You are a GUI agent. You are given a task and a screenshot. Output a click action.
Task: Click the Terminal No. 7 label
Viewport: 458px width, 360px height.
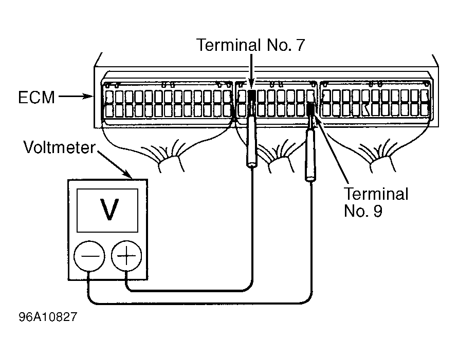tap(251, 45)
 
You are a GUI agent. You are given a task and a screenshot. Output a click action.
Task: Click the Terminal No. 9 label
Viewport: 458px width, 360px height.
tap(376, 202)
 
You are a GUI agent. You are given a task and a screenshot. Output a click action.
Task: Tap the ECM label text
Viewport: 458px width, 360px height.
tap(36, 97)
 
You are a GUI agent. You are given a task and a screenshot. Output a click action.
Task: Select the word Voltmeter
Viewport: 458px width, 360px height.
tap(59, 147)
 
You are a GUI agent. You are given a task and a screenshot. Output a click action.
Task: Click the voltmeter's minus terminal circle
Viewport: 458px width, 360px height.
tap(89, 256)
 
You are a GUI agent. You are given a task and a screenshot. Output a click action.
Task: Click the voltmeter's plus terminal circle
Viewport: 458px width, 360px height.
tap(126, 256)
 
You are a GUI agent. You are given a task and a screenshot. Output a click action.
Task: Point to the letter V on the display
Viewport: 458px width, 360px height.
tap(109, 209)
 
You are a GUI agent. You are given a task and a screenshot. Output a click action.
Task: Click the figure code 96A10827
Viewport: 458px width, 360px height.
tap(48, 316)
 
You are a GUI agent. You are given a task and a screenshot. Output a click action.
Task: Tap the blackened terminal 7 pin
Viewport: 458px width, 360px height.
tap(252, 96)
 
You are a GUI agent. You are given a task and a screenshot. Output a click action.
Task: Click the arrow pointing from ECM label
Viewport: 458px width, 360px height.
tap(76, 96)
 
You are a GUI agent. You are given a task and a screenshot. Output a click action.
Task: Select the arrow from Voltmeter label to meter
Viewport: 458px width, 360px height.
tap(114, 164)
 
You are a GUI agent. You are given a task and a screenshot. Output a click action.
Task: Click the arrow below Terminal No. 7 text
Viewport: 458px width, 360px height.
tap(251, 71)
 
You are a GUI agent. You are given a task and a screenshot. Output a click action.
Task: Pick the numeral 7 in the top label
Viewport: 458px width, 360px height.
tap(300, 45)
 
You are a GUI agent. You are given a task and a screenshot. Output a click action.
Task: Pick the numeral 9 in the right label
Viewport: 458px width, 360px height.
tap(377, 211)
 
